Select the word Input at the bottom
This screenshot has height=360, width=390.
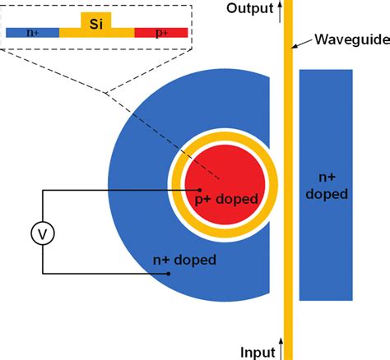click(258, 352)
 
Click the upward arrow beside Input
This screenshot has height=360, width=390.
click(281, 349)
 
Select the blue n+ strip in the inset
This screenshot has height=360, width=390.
click(32, 33)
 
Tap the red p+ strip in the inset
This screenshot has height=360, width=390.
click(161, 33)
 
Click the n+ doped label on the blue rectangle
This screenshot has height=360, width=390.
click(326, 185)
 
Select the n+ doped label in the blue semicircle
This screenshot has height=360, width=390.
click(185, 261)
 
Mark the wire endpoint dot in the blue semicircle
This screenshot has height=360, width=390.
click(169, 274)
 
